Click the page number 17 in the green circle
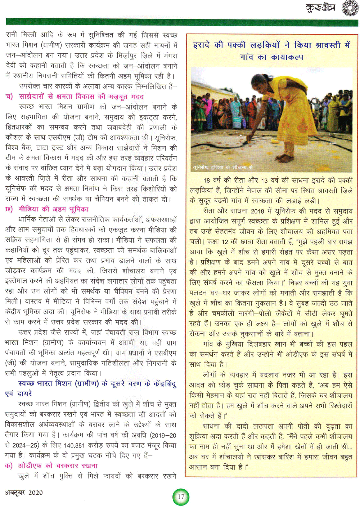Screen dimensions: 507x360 coord(181,497)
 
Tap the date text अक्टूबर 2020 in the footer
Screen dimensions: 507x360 coord(24,492)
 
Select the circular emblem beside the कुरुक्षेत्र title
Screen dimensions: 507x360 coord(350,8)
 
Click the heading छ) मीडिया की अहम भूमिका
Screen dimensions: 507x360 coord(47,209)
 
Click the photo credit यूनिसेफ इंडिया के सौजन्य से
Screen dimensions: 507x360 coord(223,168)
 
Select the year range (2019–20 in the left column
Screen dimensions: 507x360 coord(163,435)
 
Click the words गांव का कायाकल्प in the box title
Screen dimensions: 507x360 coord(271,57)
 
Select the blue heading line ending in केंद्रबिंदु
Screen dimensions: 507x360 coord(97,383)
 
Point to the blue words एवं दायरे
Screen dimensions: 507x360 coord(19,393)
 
